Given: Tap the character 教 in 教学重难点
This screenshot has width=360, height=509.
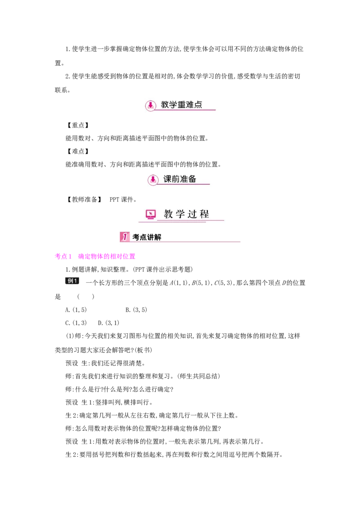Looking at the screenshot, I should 165,105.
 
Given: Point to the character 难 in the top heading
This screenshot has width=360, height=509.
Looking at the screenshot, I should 190,105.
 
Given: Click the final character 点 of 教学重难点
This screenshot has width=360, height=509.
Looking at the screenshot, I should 198,105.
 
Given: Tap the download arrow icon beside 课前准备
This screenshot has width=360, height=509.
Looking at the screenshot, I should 153,179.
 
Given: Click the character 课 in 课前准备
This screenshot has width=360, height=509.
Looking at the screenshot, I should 167,179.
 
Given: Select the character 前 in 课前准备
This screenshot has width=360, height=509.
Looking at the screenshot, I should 176,179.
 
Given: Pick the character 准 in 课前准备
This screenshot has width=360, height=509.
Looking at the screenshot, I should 184,179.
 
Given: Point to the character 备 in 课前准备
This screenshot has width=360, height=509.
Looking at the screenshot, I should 192,179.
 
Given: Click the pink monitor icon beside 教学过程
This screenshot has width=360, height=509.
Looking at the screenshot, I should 151,214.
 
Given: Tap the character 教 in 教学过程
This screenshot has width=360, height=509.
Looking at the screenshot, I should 168,214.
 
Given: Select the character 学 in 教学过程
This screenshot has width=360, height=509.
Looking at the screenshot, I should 180,214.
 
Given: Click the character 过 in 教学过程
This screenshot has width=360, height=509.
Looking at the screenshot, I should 193,214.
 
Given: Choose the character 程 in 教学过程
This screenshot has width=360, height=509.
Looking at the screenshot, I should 205,214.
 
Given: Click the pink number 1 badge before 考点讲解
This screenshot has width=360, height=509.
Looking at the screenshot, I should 125,237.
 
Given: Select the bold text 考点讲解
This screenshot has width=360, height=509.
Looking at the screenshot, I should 147,237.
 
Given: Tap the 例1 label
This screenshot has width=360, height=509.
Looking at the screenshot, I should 73,281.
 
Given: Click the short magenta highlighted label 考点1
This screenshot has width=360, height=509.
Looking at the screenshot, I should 63,256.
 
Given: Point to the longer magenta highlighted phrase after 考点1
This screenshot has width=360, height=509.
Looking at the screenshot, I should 107,256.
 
